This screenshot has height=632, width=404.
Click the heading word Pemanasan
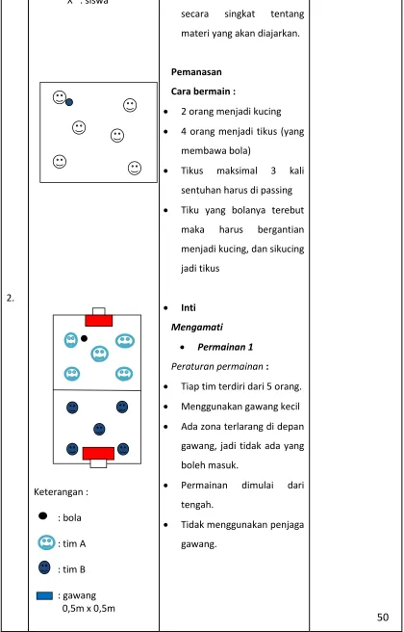[x=196, y=72]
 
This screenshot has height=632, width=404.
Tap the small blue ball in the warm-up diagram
[x=69, y=102]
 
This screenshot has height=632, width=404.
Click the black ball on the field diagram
[x=84, y=338]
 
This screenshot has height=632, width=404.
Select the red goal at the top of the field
[x=98, y=321]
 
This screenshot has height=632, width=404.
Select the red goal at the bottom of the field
[x=98, y=454]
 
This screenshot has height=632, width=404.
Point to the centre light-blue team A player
[x=99, y=354]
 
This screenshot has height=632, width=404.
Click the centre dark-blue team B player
[x=99, y=430]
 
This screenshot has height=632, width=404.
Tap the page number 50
[x=383, y=617]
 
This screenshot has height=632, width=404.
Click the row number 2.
[x=11, y=299]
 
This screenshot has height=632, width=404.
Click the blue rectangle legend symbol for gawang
[x=44, y=595]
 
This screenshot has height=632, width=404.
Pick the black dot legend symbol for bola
[x=43, y=515]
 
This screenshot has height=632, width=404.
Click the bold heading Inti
[x=189, y=308]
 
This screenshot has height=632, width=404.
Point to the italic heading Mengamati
[x=197, y=328]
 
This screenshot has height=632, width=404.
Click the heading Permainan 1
[x=225, y=347]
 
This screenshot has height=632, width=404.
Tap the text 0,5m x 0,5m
[x=88, y=608]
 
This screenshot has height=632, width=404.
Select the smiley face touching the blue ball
[x=60, y=97]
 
